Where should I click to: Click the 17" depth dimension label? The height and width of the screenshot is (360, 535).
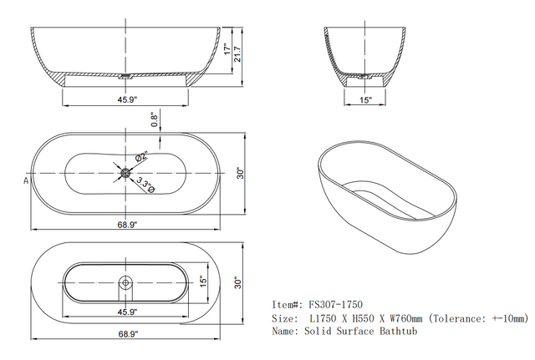coord(227,49)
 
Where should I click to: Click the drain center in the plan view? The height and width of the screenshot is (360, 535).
coord(125,173)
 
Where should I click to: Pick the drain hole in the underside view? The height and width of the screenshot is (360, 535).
coord(125,281)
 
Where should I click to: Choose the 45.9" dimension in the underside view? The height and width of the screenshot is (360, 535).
coord(125,312)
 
